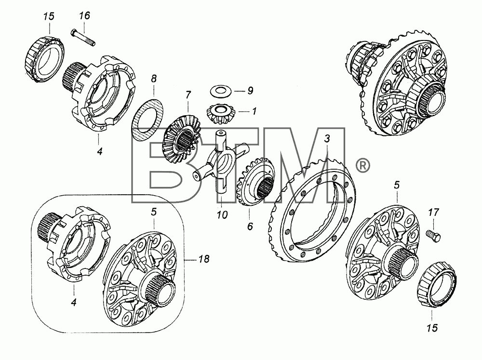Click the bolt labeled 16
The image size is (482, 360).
83,37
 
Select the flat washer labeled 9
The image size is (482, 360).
221,91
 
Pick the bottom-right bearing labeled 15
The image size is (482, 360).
437,284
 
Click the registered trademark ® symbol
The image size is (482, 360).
363,166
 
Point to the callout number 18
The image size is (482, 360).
203,259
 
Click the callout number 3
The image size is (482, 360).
327,139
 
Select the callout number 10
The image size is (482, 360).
222,214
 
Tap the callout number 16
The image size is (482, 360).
84,15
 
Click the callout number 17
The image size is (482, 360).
433,212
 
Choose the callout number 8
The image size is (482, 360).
154,79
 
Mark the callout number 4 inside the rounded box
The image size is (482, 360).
73,302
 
